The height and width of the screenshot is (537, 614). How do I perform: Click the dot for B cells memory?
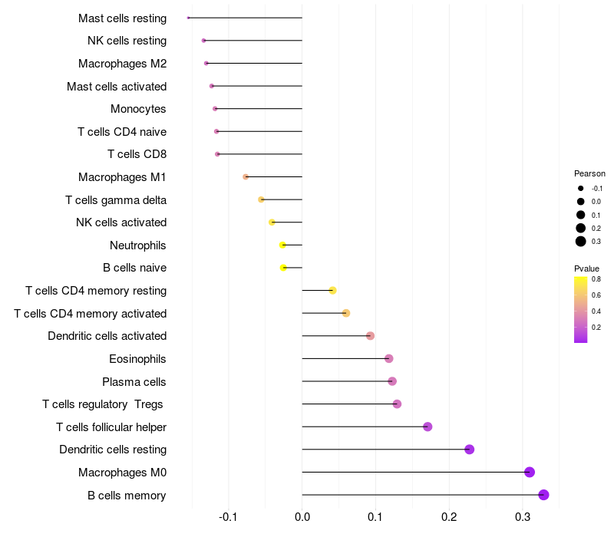coord(543,495)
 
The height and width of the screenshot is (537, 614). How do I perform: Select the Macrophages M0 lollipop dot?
coord(529,473)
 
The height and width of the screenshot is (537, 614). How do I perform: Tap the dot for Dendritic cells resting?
coord(469,450)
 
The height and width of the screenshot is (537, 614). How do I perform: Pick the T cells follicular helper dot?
coord(427,427)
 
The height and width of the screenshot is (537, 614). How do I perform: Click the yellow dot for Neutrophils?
coord(282,245)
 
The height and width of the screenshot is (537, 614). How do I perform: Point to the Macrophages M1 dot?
coord(246,177)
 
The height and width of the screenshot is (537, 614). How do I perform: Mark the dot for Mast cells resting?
coord(188,18)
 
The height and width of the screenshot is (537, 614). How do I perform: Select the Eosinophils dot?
coord(388,358)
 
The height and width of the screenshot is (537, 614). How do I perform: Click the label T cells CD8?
coord(137,154)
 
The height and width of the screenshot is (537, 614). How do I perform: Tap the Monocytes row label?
coord(138,109)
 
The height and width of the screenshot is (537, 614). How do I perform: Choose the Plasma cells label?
coord(134,381)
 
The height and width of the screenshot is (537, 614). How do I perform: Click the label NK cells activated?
coord(121,222)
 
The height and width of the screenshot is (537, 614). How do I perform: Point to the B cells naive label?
coord(134,268)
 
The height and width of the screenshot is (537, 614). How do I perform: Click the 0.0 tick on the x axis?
coord(302,517)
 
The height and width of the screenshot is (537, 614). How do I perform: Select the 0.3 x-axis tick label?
coord(523,517)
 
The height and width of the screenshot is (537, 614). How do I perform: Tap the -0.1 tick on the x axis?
coord(228,517)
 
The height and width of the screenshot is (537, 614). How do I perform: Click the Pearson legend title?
coord(589,173)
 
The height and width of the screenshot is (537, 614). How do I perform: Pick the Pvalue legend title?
coord(586,268)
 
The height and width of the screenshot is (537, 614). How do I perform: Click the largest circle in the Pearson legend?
coord(581,242)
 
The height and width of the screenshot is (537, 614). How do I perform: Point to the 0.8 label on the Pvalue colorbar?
coord(596,279)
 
